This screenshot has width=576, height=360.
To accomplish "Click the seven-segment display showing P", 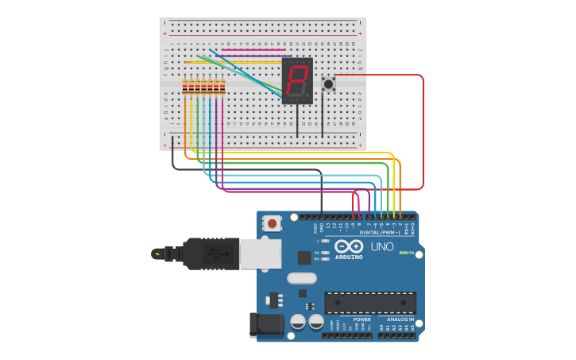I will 297,80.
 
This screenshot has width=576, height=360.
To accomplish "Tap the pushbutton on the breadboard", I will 328,83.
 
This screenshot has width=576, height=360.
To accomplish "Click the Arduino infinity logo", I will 348,246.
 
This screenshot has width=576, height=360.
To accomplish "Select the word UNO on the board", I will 382,246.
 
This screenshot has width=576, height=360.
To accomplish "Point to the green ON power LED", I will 404,253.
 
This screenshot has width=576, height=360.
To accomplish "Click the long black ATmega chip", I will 369,303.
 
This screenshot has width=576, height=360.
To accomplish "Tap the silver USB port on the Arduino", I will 260,254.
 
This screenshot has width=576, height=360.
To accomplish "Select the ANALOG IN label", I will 400,319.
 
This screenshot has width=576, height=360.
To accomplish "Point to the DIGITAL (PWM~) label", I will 380,232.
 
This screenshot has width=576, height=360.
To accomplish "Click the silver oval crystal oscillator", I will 302,278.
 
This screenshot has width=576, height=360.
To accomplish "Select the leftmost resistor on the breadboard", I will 185,87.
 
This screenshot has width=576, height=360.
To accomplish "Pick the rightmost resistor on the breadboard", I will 222,87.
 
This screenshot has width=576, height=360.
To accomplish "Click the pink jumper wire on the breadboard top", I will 253,49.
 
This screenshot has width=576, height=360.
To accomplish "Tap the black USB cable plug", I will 211,254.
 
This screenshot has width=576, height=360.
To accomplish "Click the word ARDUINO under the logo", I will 348,257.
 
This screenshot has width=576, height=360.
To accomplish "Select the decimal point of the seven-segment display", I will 308,95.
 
